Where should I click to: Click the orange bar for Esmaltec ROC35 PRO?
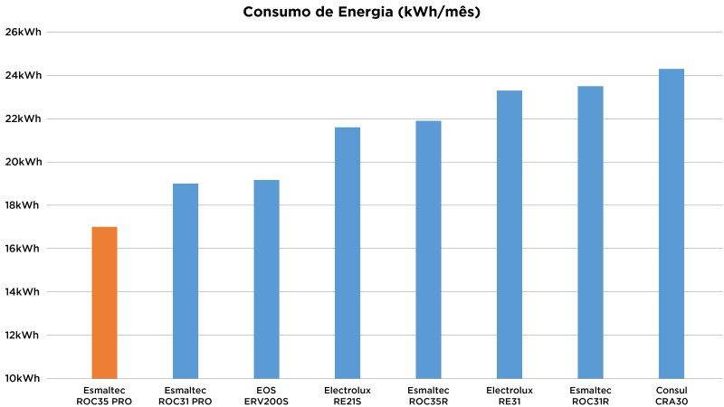click(x=104, y=302)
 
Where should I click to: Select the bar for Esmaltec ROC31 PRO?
click(x=186, y=280)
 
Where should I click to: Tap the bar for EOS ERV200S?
click(x=266, y=279)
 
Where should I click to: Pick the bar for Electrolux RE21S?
click(x=348, y=252)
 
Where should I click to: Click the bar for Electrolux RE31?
click(x=510, y=234)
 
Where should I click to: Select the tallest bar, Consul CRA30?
click(x=672, y=223)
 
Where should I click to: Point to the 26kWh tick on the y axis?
click(x=24, y=33)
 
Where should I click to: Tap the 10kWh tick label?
click(x=24, y=378)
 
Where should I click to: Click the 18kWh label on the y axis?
click(x=24, y=205)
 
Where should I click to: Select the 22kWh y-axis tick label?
click(x=24, y=118)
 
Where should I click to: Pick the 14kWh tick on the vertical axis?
click(x=24, y=291)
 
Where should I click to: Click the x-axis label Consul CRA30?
click(x=672, y=395)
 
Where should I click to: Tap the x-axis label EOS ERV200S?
click(x=266, y=395)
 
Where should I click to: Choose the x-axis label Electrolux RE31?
click(x=510, y=395)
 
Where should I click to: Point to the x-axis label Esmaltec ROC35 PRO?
click(x=104, y=395)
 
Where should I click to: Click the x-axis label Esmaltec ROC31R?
click(x=590, y=395)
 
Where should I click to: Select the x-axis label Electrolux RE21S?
click(x=348, y=395)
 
